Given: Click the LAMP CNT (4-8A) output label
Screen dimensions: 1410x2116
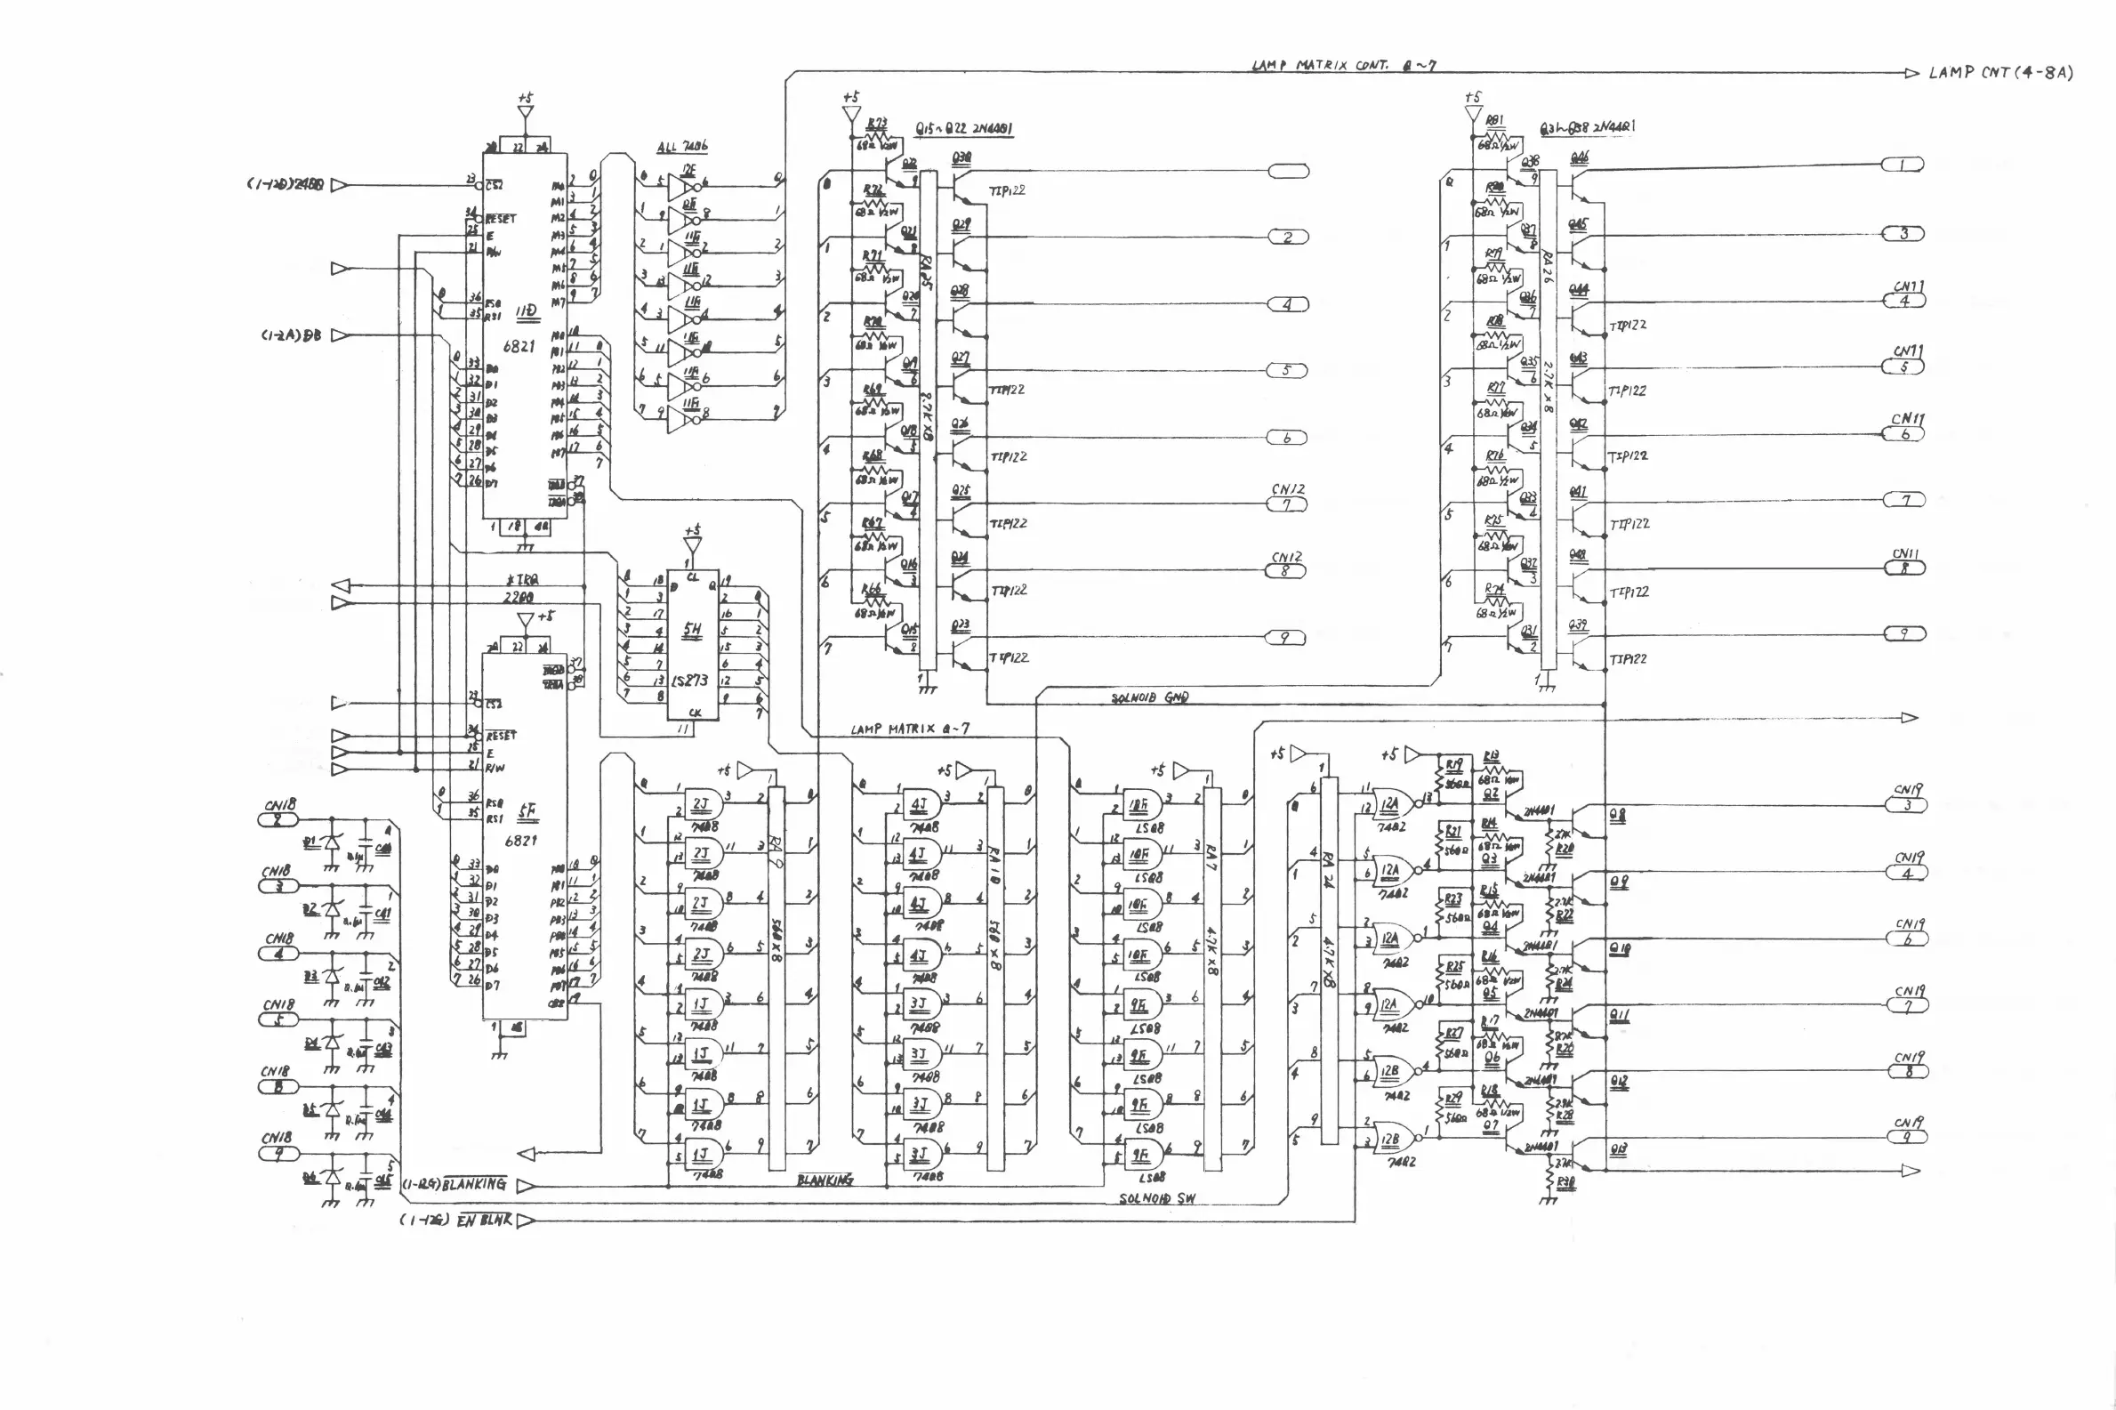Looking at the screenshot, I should [x=2000, y=73].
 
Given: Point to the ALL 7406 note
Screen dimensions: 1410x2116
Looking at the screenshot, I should [x=681, y=148].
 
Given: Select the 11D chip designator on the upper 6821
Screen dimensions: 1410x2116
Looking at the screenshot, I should [x=526, y=312].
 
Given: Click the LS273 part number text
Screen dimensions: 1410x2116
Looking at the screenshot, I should [x=689, y=681].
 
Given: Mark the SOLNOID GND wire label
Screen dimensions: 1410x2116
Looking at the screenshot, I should [x=1150, y=697].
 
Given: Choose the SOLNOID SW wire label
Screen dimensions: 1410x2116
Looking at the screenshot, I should [x=1157, y=1198].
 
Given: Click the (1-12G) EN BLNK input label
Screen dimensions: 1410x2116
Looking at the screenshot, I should [x=456, y=1221].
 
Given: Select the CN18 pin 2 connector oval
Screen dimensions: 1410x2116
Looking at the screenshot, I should [x=278, y=819].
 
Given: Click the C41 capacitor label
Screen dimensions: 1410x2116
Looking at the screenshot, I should [x=383, y=914].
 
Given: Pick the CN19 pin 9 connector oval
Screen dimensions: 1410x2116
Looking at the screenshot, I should [x=1907, y=1138].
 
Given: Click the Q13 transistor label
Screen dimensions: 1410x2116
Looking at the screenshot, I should [x=1618, y=1149].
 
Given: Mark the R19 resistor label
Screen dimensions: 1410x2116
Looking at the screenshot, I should [x=1453, y=765].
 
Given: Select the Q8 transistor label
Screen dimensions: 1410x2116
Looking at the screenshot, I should [x=1617, y=816].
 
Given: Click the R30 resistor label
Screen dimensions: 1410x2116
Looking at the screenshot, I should [x=1565, y=1183].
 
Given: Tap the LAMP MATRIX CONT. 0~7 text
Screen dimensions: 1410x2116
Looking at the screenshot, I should [x=1345, y=66].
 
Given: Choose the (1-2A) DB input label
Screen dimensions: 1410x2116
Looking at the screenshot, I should [x=290, y=335].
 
